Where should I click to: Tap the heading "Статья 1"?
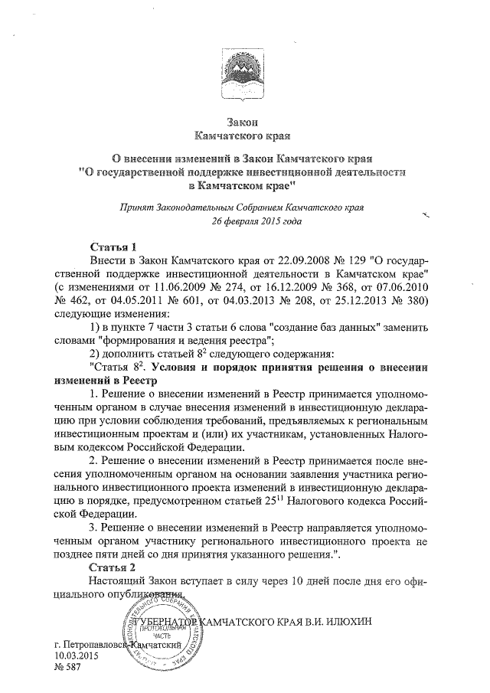tap(113, 247)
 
